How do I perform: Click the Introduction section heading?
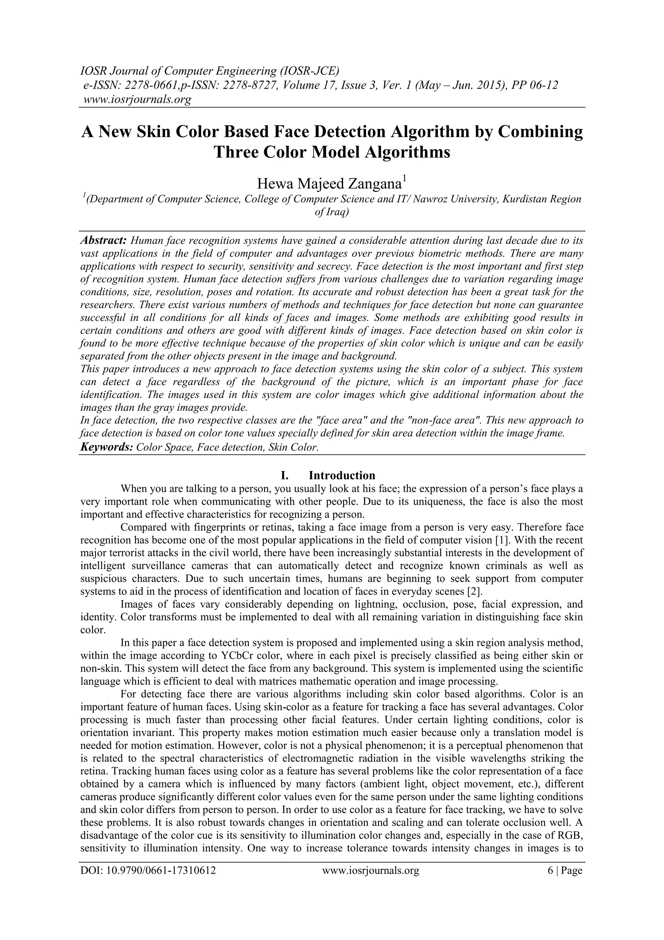coord(342,475)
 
